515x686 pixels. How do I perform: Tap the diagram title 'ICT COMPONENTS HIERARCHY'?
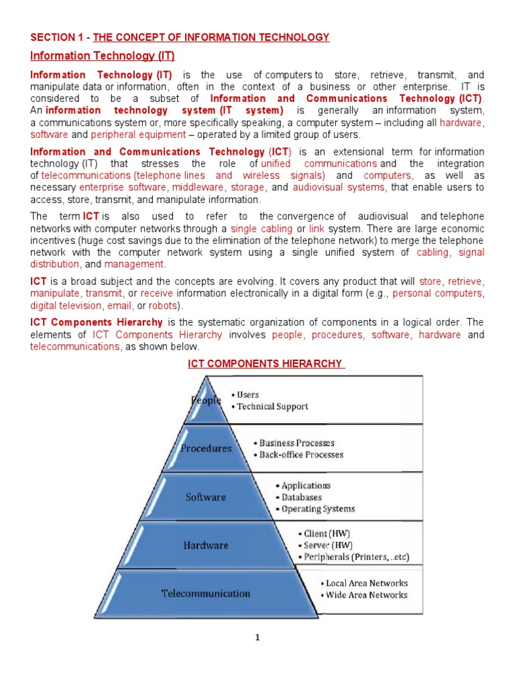tap(264, 364)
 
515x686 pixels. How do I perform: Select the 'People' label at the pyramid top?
tap(206, 400)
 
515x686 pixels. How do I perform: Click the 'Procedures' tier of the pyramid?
tap(205, 448)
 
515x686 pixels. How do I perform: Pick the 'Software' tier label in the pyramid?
tap(205, 497)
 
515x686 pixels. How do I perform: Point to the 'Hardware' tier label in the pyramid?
tap(206, 545)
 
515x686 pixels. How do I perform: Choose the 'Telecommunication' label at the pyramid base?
tap(205, 594)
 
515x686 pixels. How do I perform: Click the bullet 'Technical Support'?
tap(272, 407)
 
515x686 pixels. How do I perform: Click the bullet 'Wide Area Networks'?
tap(366, 595)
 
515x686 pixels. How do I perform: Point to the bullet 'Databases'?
tap(301, 497)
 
